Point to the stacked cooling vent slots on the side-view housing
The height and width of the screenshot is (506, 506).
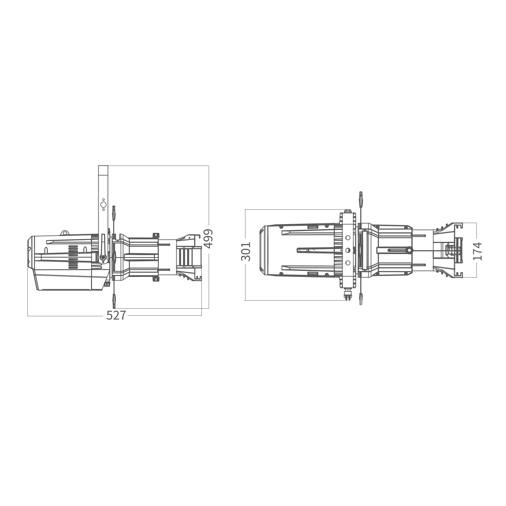tap(73, 257)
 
